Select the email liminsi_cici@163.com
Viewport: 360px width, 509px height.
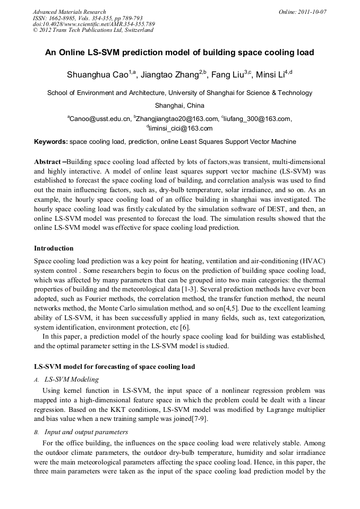coord(181,128)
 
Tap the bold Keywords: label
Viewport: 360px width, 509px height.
coord(51,142)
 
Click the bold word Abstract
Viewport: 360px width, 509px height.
coord(47,161)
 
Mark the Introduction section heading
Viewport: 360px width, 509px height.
coord(54,248)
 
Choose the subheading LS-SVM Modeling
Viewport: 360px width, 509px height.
coord(72,379)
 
